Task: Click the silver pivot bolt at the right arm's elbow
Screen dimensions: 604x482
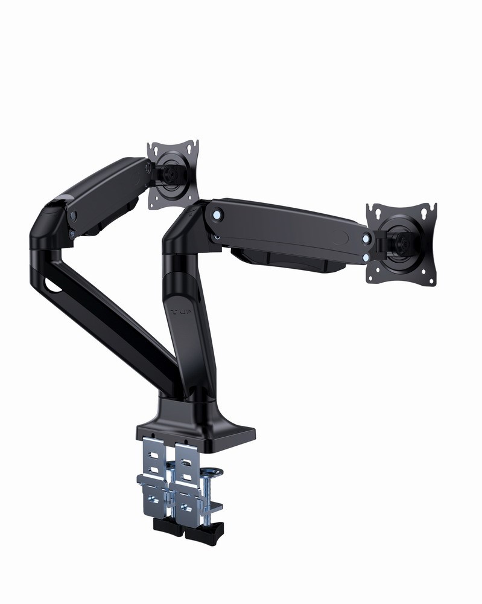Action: [218, 213]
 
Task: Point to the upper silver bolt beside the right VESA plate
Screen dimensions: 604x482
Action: [366, 238]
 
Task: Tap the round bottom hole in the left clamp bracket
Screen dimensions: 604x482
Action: [151, 501]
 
